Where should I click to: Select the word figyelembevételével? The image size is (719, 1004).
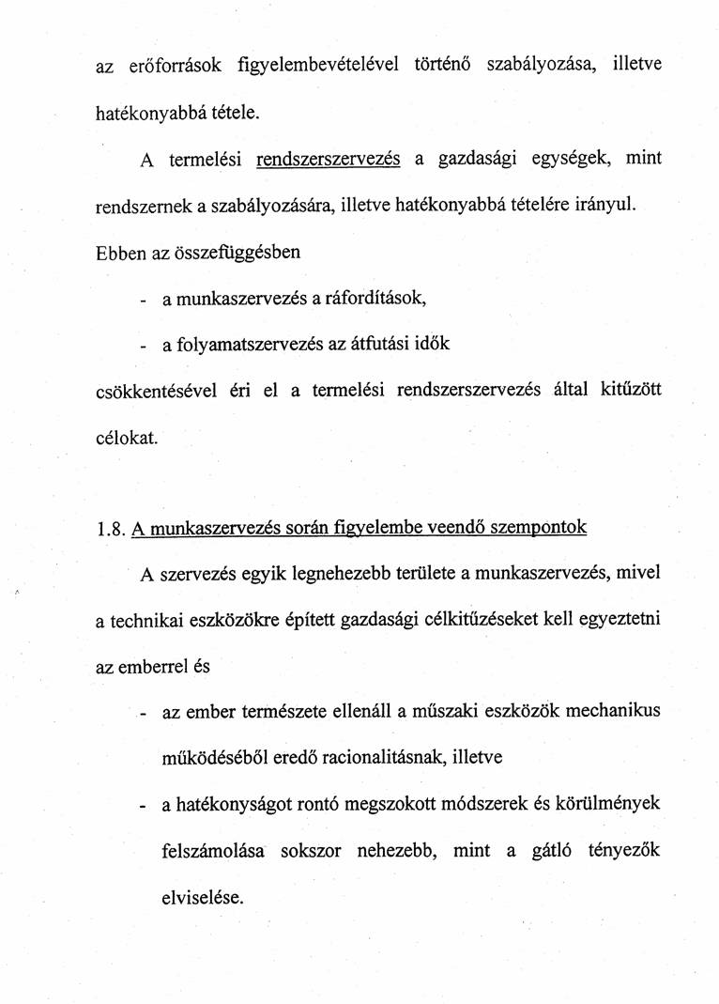318,67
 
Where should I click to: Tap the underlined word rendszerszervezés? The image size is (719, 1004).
329,159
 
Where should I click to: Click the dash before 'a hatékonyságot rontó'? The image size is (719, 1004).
142,805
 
